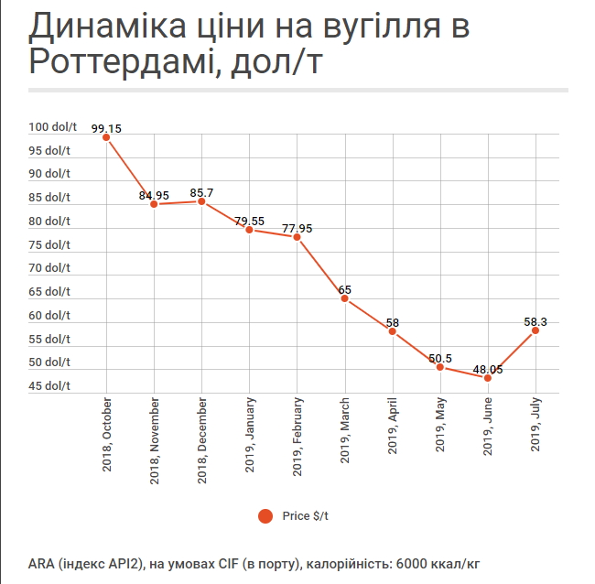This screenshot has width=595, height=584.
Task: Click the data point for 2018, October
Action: click(x=106, y=137)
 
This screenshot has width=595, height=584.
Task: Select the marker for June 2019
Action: click(x=488, y=377)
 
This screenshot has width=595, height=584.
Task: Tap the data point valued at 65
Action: click(x=345, y=298)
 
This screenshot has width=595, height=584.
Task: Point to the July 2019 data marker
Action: click(x=535, y=330)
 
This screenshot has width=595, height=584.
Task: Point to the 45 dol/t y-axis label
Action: click(x=49, y=385)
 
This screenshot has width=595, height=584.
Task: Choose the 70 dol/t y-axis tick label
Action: click(x=49, y=267)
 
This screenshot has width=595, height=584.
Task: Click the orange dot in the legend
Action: click(x=265, y=516)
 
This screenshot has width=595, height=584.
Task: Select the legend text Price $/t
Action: click(x=306, y=516)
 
